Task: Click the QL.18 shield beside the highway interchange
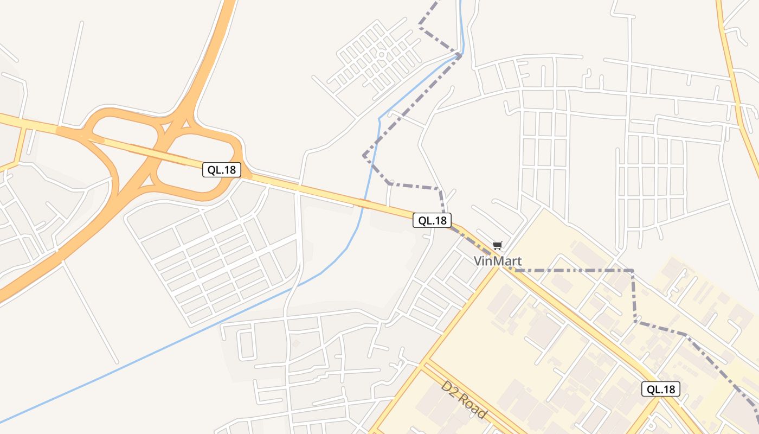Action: click(222, 170)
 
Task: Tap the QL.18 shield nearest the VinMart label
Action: click(432, 220)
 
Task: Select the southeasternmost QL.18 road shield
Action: click(661, 389)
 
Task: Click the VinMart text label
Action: click(498, 261)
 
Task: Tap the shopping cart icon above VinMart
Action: click(498, 245)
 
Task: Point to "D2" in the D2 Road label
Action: click(449, 388)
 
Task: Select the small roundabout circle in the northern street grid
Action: click(381, 55)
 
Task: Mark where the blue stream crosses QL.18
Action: click(364, 203)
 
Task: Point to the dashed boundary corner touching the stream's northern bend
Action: click(460, 54)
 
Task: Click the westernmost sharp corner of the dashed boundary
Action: click(364, 156)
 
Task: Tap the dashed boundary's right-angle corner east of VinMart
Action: click(632, 270)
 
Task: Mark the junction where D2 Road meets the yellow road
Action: click(426, 362)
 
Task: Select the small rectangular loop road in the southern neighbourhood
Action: click(247, 345)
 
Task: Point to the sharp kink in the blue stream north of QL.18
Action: click(379, 118)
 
